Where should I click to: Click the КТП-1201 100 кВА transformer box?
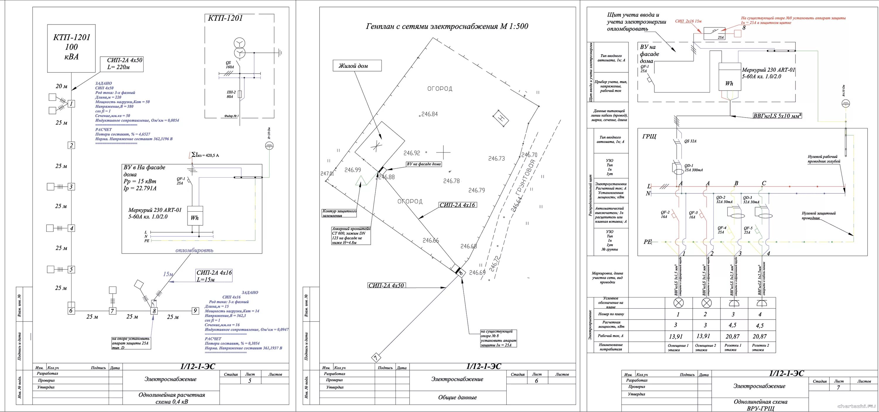(x=71, y=48)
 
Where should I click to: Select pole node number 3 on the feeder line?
(x=71, y=187)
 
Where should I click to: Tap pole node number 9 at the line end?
(x=195, y=311)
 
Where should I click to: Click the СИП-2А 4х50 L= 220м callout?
(x=125, y=64)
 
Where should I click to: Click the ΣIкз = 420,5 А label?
(x=205, y=155)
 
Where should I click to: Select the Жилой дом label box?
(x=357, y=66)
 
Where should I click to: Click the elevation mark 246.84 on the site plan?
(x=429, y=114)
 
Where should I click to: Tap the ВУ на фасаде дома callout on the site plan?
(x=423, y=164)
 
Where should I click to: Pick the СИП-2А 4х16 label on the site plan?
(x=458, y=205)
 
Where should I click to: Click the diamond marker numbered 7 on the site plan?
(x=375, y=358)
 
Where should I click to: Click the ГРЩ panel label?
(x=649, y=137)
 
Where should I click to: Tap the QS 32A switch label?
(x=690, y=141)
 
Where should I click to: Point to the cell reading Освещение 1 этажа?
(x=678, y=348)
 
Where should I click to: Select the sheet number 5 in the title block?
(x=249, y=381)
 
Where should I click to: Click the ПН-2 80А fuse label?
(x=231, y=94)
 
